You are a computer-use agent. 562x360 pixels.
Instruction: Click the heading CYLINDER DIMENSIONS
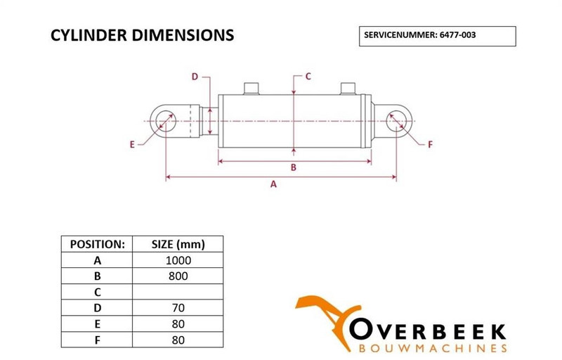(143, 35)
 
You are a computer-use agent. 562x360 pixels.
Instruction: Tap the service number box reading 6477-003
(436, 35)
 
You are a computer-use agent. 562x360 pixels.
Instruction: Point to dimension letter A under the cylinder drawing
(274, 184)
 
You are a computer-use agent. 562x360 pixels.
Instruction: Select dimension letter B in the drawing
(294, 167)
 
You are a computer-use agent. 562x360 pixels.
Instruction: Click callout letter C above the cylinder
(308, 76)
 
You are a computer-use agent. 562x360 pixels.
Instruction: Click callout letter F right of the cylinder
(431, 145)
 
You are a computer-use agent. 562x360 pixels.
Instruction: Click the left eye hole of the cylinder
(166, 121)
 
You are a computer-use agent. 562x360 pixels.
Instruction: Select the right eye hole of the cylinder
(397, 121)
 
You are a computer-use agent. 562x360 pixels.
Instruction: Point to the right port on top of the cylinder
(348, 89)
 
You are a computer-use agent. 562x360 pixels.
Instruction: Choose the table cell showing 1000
(178, 259)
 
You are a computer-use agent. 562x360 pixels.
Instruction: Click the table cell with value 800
(178, 276)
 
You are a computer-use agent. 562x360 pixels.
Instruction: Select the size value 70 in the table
(178, 307)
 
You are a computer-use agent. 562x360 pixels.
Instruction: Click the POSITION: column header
(98, 244)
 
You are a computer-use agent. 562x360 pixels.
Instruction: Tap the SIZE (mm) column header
(178, 244)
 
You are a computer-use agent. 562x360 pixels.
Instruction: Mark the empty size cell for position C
(178, 291)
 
